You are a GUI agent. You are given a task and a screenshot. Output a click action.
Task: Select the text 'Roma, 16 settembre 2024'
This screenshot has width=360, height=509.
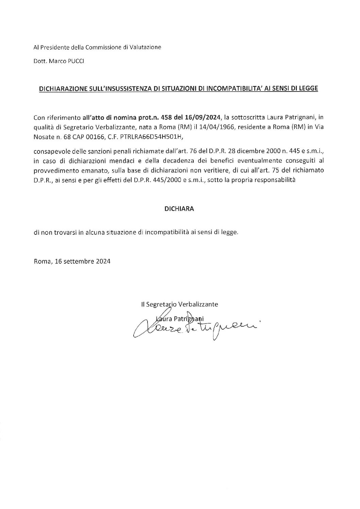[x=72, y=262]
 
